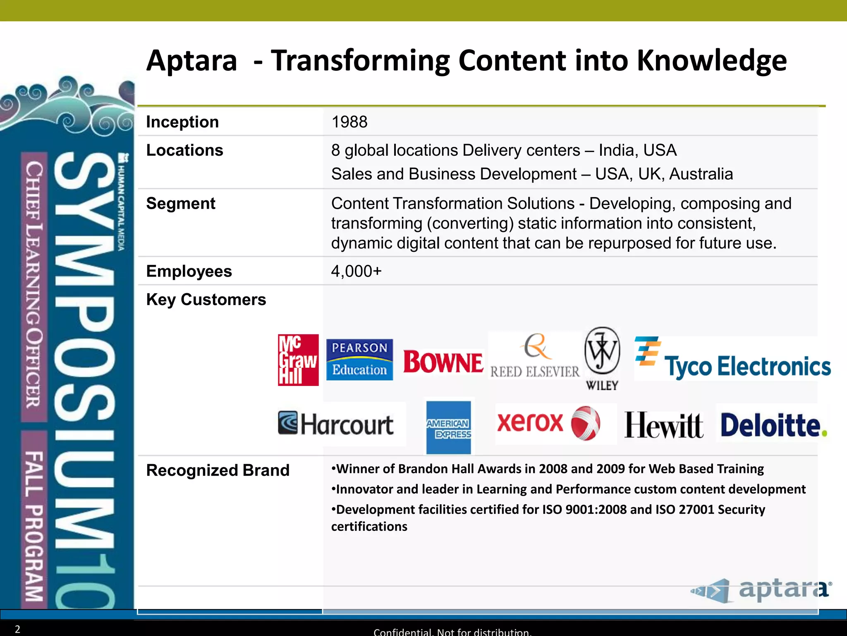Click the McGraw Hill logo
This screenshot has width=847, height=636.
pos(298,360)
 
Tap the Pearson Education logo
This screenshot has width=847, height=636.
pos(359,359)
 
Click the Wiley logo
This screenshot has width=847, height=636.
pos(602,359)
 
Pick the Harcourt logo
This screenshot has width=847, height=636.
pos(336,424)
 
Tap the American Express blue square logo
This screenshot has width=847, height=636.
pos(449,428)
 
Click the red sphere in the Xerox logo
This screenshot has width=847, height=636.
pos(586,423)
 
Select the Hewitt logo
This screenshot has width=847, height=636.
pos(663,425)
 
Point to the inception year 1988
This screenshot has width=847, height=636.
pos(349,122)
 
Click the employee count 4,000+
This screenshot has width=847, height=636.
pos(356,271)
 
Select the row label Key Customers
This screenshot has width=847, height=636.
pos(206,299)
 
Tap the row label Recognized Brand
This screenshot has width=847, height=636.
pos(218,470)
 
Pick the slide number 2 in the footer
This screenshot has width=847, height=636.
pos(17,629)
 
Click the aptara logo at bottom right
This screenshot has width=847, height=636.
pos(761,590)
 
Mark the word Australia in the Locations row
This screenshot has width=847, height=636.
pos(701,174)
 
